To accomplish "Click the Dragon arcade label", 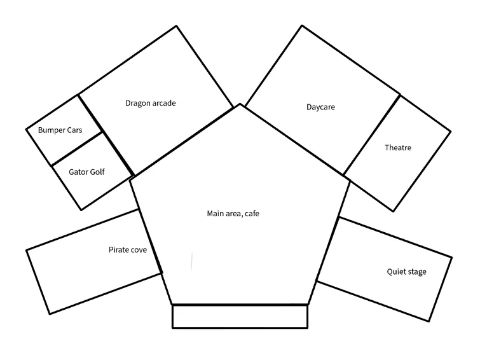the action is [150, 103].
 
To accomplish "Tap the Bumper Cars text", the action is [60, 130].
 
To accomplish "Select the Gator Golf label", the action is [86, 172].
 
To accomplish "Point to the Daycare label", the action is [320, 107].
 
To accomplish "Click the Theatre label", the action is [398, 148].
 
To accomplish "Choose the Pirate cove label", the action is [128, 250].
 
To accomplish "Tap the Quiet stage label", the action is [407, 272].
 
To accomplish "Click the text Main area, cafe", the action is [233, 214].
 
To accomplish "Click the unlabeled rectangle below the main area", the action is [240, 316].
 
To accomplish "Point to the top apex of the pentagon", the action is [240, 105].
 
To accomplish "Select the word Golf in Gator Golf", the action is [97, 172].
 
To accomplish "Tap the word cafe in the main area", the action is [250, 214].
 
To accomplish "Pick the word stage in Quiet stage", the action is [416, 272].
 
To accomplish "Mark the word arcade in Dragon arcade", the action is [163, 103].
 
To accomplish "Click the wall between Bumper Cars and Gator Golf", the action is [76, 148].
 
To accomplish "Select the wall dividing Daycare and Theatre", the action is [372, 134].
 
